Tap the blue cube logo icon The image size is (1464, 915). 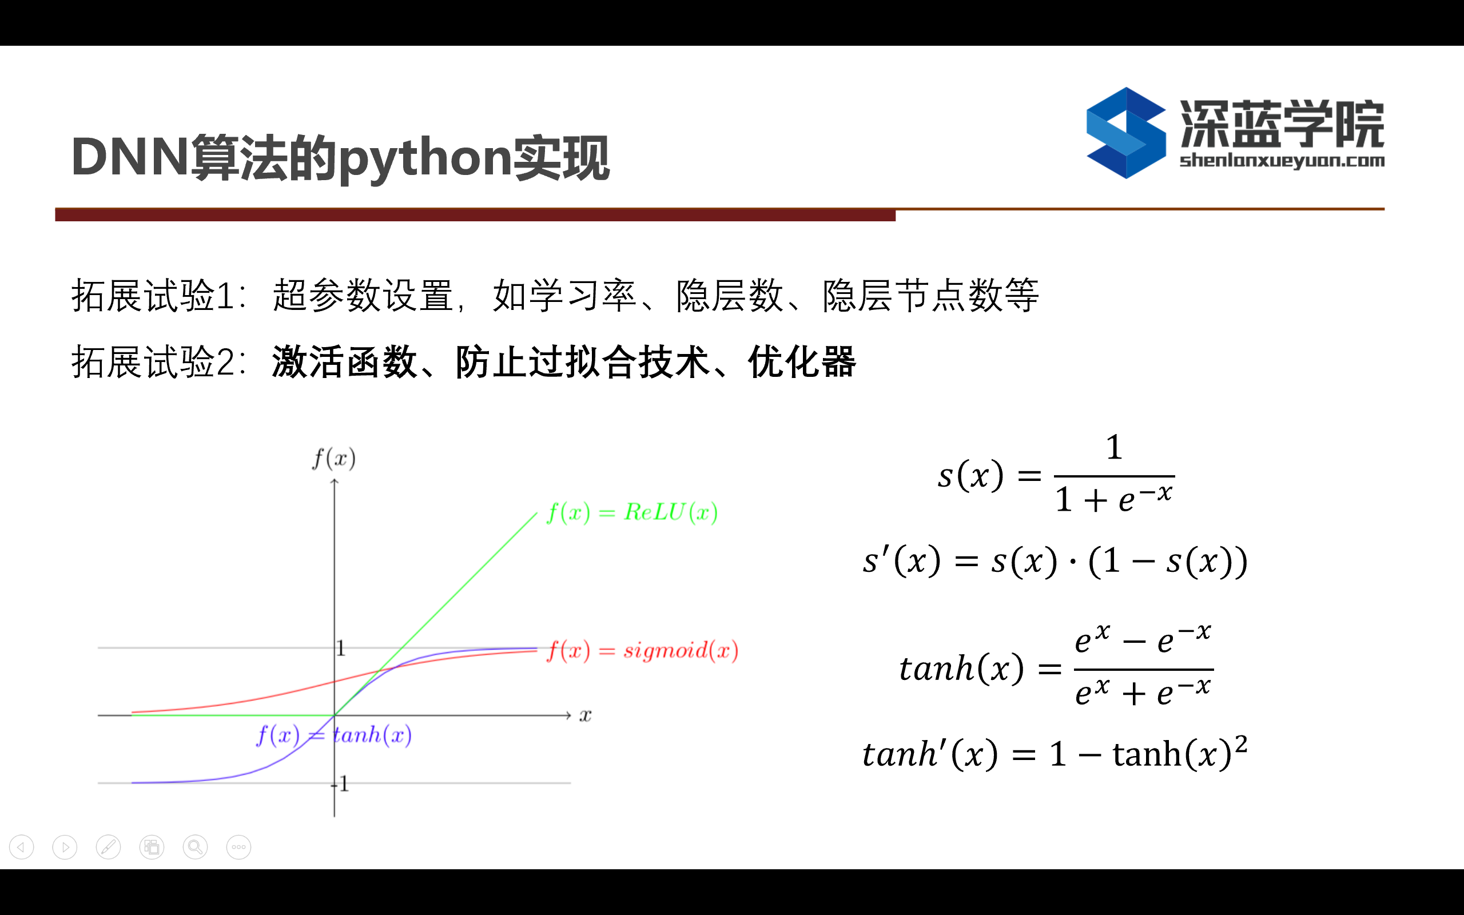click(x=1126, y=133)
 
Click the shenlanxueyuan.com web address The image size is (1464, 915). click(x=1282, y=161)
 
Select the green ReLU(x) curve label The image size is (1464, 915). click(x=632, y=512)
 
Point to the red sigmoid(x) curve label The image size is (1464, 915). click(x=642, y=651)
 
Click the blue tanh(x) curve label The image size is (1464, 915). click(x=334, y=735)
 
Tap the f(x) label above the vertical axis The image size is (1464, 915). click(x=334, y=459)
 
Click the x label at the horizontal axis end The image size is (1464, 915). click(x=585, y=716)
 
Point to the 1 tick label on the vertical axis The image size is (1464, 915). click(x=341, y=649)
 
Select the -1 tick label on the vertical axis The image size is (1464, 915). click(x=341, y=783)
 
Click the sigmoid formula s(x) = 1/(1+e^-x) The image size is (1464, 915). click(x=1056, y=474)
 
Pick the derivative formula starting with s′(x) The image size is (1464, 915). click(x=1055, y=561)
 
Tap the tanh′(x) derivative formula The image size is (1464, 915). click(x=1055, y=753)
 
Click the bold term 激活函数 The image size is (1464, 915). click(x=344, y=362)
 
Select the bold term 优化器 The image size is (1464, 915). click(x=802, y=362)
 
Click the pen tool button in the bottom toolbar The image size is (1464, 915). click(x=108, y=847)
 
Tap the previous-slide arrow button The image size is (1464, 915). click(x=22, y=847)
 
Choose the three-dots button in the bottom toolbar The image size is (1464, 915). click(x=239, y=847)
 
